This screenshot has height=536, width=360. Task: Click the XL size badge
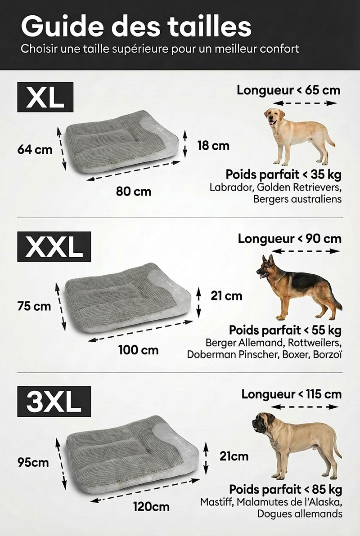point(45,97)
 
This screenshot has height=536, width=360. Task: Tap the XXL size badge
point(54,246)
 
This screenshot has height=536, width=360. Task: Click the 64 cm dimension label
point(35,150)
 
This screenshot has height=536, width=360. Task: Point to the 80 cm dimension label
point(133,192)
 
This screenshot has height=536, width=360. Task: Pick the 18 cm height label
point(213,146)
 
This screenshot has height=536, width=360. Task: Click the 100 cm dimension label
point(138,349)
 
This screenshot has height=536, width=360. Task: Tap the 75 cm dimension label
point(35,307)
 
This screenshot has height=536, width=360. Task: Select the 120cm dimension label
point(151,507)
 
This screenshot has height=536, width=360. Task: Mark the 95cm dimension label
point(33,462)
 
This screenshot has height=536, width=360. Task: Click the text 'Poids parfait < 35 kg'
point(283,174)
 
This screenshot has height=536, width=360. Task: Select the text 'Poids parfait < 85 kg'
point(285,489)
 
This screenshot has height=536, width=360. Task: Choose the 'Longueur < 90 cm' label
point(289,238)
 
